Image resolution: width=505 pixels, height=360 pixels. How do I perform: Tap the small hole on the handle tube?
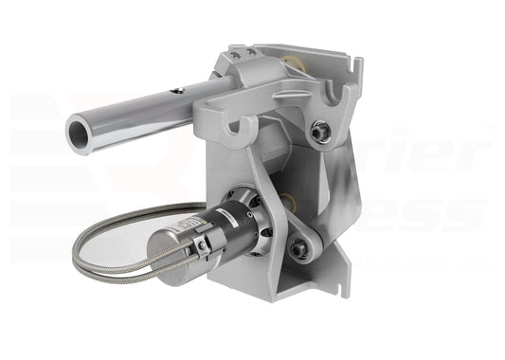(176, 92)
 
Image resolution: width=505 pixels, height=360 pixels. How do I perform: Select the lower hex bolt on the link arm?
(299, 248)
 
